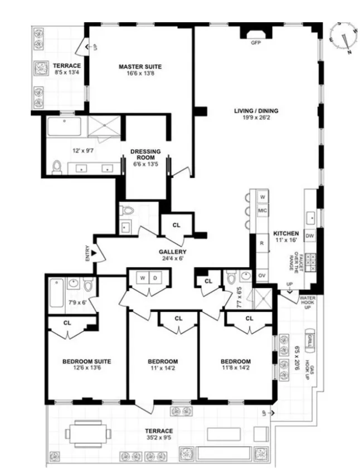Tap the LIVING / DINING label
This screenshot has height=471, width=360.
pos(256,111)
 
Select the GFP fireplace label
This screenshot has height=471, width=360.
pos(256,42)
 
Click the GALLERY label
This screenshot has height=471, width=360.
pos(171,252)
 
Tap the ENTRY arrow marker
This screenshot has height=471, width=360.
pos(95,254)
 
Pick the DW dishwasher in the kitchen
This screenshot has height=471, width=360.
pos(310,236)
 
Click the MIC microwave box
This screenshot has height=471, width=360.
pos(262,212)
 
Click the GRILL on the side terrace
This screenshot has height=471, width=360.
pos(310,338)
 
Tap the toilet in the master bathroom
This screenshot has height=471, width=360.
pos(57,166)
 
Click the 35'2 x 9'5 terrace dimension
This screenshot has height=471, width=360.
pos(159,438)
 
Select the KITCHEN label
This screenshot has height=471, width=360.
pos(285,233)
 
